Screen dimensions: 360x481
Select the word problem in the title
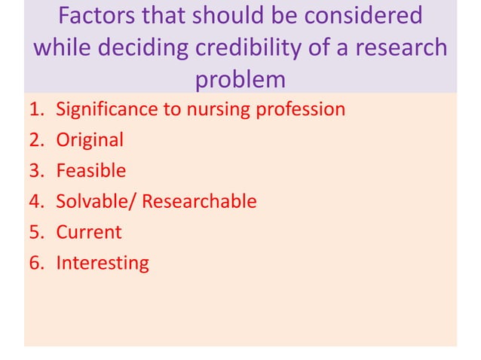pyautogui.click(x=240, y=79)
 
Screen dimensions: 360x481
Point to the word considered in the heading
pyautogui.click(x=357, y=16)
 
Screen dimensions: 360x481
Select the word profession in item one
pyautogui.click(x=300, y=109)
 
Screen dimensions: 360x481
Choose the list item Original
pyautogui.click(x=90, y=140)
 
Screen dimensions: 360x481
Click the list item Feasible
pyautogui.click(x=91, y=171)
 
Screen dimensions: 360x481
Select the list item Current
pyautogui.click(x=88, y=232)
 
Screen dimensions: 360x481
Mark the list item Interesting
pyautogui.click(x=103, y=263)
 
